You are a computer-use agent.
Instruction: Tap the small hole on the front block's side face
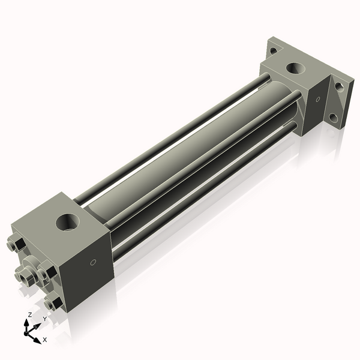92,262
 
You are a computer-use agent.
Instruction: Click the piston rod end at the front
26,277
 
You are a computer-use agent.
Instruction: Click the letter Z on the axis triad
29,314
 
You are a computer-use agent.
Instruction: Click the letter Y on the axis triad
44,319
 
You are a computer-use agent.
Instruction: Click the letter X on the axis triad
44,340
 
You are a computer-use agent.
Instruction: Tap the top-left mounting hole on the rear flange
273,50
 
